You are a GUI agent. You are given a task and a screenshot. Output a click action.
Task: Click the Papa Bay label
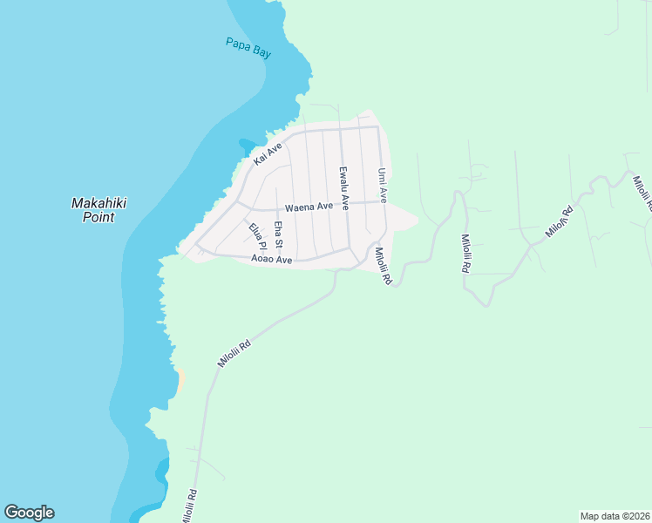coord(248,47)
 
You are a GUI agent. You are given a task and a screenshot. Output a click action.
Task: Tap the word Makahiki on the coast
coord(98,203)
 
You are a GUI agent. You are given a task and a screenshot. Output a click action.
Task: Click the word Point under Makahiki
coord(98,217)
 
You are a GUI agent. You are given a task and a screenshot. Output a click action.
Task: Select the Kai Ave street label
coord(268,154)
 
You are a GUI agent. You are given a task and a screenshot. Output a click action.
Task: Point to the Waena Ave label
coord(309,207)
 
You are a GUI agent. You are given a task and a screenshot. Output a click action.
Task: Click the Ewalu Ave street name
coord(344,188)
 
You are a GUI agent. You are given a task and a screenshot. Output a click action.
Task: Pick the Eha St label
coord(278,235)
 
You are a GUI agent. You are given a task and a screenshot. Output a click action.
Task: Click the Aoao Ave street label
coord(271,259)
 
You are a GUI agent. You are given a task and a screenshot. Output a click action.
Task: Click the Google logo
coord(29,513)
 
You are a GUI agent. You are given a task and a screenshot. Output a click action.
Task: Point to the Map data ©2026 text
coord(614,515)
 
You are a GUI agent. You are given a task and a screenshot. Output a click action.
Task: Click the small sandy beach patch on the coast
coord(180,378)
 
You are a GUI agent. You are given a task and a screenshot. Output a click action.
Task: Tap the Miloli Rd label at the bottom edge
coord(189,506)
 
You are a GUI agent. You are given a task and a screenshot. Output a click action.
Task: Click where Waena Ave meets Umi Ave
coord(384,201)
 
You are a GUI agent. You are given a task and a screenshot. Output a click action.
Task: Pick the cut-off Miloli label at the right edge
coord(642,194)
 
